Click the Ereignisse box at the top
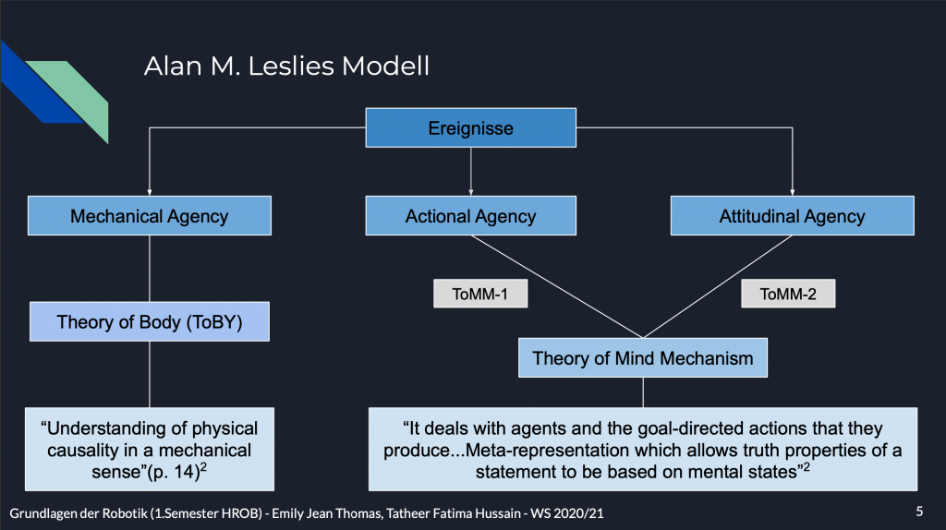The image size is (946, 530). (470, 127)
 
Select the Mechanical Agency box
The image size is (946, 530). (149, 217)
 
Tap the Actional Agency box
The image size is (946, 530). (470, 217)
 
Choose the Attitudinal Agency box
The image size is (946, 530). (792, 217)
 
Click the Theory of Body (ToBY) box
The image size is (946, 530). (149, 322)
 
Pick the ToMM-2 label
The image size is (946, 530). (788, 294)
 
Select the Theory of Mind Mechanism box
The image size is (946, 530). (643, 358)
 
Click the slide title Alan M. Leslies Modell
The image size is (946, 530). (286, 67)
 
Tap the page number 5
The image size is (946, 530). (918, 510)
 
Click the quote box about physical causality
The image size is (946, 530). (149, 449)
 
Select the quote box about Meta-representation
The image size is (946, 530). (643, 449)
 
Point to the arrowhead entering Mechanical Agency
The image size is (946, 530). (149, 192)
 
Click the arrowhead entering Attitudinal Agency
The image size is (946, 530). (792, 192)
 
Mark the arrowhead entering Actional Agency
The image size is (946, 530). (471, 192)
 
